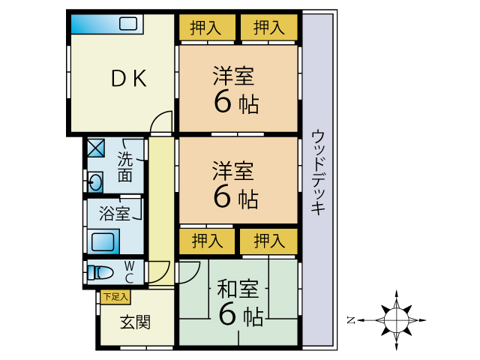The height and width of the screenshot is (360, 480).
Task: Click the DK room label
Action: tap(129, 79)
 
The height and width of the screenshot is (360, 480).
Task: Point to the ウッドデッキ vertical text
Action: tap(318, 173)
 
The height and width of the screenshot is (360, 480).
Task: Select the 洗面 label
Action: tap(124, 167)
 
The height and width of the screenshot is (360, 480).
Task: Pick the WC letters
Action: tap(129, 271)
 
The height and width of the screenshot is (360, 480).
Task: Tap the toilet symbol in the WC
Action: tap(100, 271)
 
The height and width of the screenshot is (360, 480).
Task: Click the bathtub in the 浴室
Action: tap(103, 242)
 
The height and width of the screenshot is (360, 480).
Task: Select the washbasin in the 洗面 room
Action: tap(95, 181)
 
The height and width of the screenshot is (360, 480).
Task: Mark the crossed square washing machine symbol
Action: tap(95, 148)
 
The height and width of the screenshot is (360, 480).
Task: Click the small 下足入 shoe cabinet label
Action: tap(115, 298)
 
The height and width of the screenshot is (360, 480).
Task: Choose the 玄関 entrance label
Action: tap(135, 322)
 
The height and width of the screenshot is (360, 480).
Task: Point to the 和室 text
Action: tap(238, 288)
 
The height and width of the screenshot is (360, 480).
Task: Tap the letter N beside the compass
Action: tap(350, 320)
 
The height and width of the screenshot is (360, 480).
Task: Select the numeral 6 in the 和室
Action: tap(227, 315)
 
